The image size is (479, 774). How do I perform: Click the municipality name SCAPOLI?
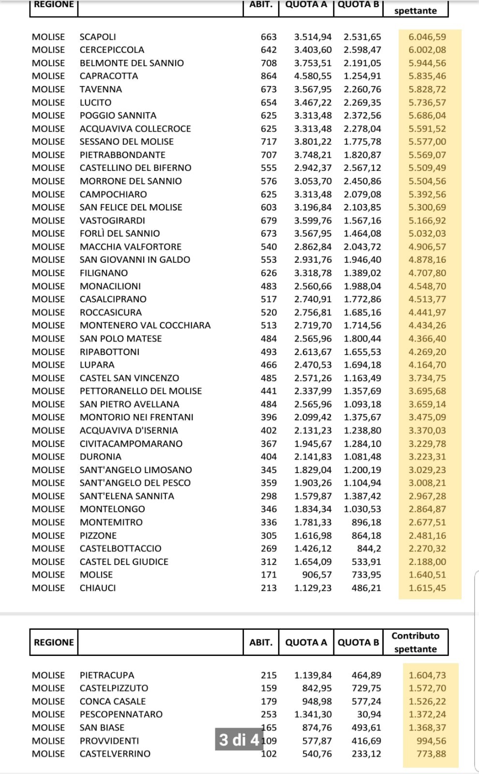[x=98, y=37]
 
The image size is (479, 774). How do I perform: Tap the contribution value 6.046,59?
[x=427, y=37]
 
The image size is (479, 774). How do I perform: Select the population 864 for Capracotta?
[x=269, y=76]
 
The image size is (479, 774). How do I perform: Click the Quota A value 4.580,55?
[x=313, y=76]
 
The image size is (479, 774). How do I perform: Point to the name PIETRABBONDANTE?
[x=122, y=155]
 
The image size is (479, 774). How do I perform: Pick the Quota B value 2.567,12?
[x=362, y=168]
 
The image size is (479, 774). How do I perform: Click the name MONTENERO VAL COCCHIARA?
[x=145, y=325]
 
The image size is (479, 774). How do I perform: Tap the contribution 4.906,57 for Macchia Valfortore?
[x=427, y=247]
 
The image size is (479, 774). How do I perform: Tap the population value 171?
[x=269, y=575]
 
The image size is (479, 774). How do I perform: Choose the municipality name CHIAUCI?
[x=98, y=588]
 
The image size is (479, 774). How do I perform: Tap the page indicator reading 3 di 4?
[x=239, y=740]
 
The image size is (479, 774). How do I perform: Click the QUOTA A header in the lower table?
[x=306, y=642]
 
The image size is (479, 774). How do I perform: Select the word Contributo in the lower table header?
[x=416, y=636]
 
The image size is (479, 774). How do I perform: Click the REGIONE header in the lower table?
[x=54, y=642]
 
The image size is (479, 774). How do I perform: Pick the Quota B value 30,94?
[x=369, y=714]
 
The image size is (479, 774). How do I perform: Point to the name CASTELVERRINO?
[x=115, y=754]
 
